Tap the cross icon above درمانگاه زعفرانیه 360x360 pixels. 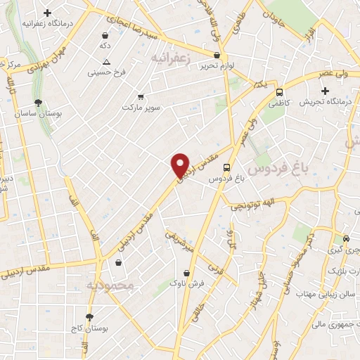click(47, 13)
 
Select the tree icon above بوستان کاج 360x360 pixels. click(89, 317)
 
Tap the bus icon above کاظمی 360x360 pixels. click(280, 92)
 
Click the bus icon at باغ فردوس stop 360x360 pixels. click(226, 167)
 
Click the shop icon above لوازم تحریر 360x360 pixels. click(216, 55)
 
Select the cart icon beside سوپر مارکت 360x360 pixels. click(141, 97)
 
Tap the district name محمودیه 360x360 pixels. click(109, 286)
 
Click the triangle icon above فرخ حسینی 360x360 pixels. click(105, 61)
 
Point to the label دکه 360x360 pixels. click(105, 45)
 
